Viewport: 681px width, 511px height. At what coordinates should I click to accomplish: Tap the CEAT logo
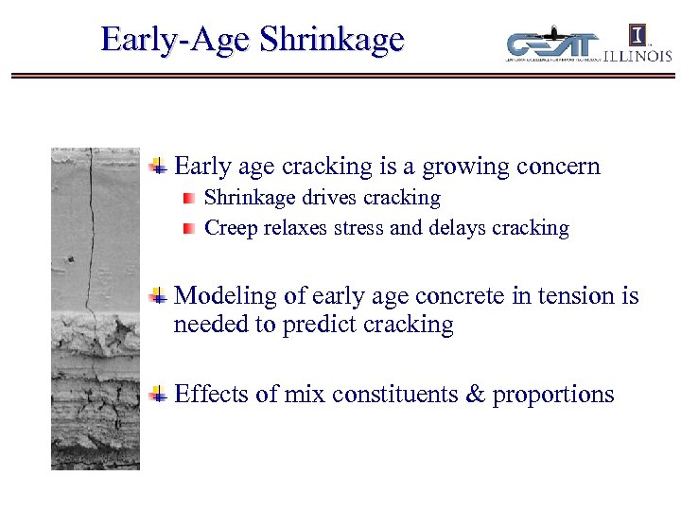(x=552, y=44)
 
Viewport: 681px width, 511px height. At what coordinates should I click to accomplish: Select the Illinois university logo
(x=638, y=44)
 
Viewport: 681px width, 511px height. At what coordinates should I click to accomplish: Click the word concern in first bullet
(x=558, y=167)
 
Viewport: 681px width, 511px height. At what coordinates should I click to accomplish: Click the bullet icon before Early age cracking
(x=160, y=167)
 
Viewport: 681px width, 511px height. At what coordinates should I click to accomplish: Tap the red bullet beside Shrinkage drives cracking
(x=190, y=199)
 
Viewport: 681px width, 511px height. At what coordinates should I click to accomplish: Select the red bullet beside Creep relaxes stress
(x=190, y=228)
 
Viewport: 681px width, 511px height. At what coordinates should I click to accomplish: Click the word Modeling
(x=227, y=297)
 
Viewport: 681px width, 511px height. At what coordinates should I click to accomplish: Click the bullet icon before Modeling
(x=160, y=296)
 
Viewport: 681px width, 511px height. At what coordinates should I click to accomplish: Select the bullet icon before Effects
(x=160, y=395)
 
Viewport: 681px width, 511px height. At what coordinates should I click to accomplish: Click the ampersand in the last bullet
(x=475, y=395)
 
